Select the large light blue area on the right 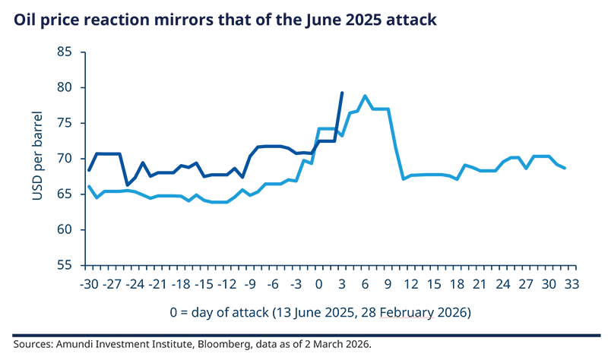tap(471, 152)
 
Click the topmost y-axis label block tap(67, 51)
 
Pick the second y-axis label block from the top tap(67, 88)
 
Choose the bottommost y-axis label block tap(67, 264)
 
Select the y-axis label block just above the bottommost tap(67, 227)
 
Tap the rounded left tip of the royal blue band tap(93, 164)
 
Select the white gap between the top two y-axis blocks tap(67, 69)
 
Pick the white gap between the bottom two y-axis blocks tap(67, 245)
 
